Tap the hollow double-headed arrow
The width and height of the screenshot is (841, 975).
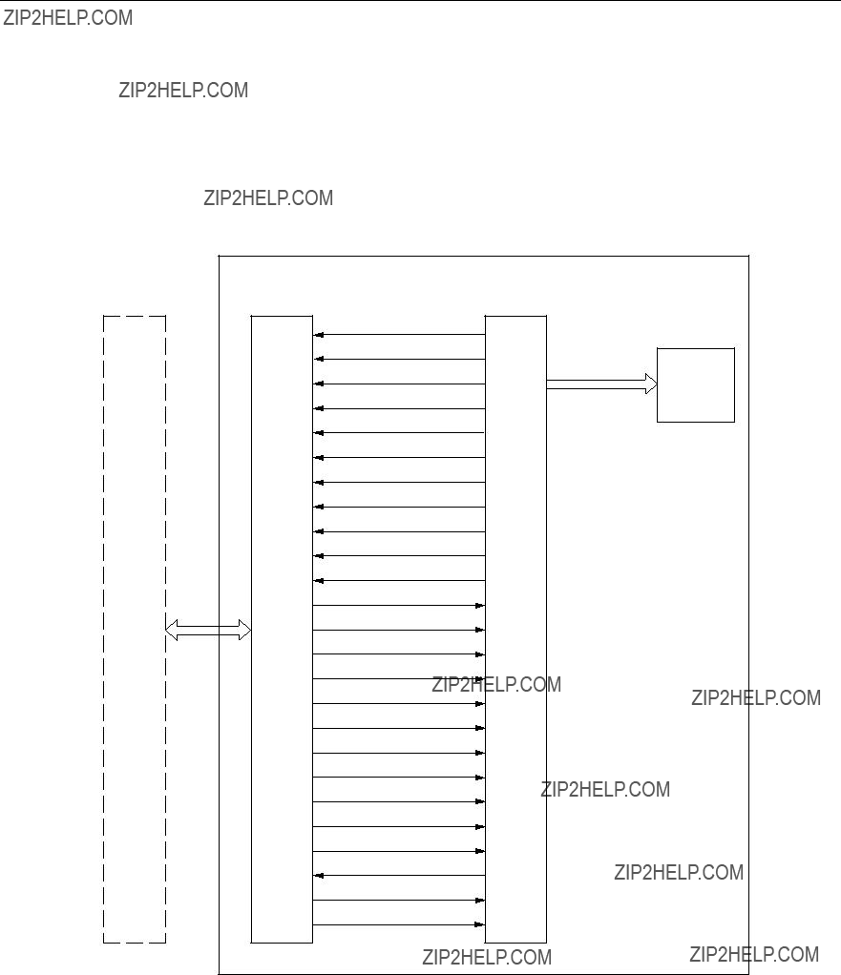208,630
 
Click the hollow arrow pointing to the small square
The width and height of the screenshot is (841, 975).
601,384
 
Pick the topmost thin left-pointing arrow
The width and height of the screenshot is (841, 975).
399,335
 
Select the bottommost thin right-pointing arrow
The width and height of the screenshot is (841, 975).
399,924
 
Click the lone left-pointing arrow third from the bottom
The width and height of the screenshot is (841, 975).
399,876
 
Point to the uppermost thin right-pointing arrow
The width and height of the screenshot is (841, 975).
399,605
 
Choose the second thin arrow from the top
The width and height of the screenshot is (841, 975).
399,359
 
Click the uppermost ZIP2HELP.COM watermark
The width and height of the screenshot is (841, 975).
68,17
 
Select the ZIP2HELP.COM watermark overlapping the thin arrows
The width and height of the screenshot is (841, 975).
496,685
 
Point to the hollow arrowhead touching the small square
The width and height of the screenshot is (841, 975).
651,384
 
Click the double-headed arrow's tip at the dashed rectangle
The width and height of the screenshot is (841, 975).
166,630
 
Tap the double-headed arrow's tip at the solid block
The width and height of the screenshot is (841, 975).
251,630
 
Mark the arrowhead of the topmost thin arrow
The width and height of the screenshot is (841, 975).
318,335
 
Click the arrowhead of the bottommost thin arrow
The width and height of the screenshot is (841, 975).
480,924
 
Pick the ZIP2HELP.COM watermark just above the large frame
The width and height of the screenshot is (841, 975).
268,197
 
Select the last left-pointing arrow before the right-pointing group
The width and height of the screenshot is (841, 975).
399,581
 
